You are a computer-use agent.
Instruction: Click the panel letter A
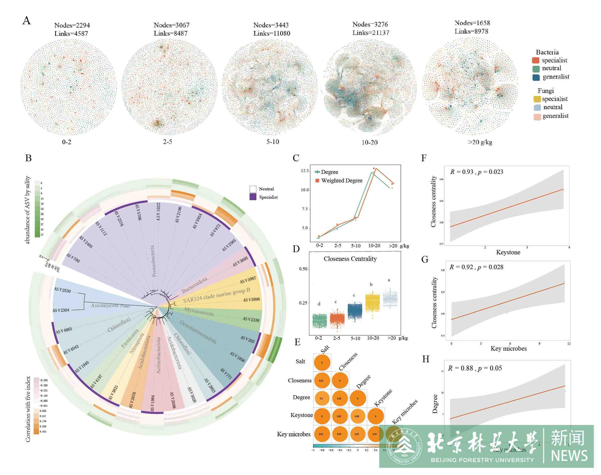click(x=27, y=21)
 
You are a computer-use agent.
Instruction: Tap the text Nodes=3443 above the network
click(x=271, y=25)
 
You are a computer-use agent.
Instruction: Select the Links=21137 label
click(x=371, y=33)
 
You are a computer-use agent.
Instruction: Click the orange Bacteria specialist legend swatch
click(x=536, y=60)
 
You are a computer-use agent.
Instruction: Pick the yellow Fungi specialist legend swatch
click(x=537, y=99)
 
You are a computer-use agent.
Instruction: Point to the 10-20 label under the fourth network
click(x=369, y=142)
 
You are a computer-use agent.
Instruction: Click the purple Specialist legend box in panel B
click(x=253, y=197)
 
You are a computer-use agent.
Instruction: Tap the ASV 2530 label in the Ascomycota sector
click(x=63, y=290)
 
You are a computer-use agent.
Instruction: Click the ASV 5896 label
click(x=251, y=300)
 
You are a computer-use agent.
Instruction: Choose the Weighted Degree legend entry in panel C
click(x=342, y=181)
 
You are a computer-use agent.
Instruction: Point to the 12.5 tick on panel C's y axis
click(x=305, y=171)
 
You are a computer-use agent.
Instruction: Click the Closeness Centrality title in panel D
click(x=350, y=259)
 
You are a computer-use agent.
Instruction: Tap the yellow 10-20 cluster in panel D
click(x=372, y=301)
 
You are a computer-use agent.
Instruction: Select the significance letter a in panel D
click(x=389, y=280)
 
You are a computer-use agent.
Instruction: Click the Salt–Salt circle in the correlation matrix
click(x=322, y=363)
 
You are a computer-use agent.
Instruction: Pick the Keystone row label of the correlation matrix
click(x=302, y=415)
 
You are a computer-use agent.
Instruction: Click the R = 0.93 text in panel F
click(x=462, y=172)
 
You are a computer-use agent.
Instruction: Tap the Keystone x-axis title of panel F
click(x=508, y=252)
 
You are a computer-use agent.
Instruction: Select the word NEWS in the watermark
click(x=569, y=456)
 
